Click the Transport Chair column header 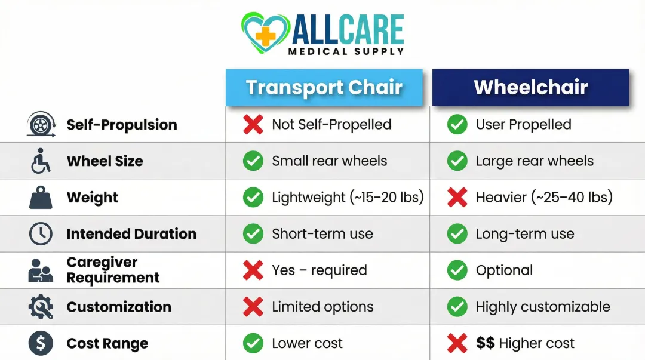pos(324,87)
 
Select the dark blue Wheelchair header pos(530,87)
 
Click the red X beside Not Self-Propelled pos(253,124)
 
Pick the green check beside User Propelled pos(457,124)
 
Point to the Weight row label pos(93,198)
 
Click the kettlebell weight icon pos(41,198)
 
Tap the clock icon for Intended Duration pos(41,234)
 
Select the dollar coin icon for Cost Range pos(41,343)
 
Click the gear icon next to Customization pos(41,307)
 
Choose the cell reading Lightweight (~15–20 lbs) pos(348,198)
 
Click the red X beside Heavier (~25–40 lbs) pos(457,198)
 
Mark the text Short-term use pos(322,234)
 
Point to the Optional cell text pos(504,270)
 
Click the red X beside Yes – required pos(253,270)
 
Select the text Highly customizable pos(543,307)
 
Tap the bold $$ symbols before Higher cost pos(485,343)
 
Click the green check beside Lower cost pos(253,343)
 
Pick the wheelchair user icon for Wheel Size pos(41,161)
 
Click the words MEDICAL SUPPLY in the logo pos(346,51)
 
